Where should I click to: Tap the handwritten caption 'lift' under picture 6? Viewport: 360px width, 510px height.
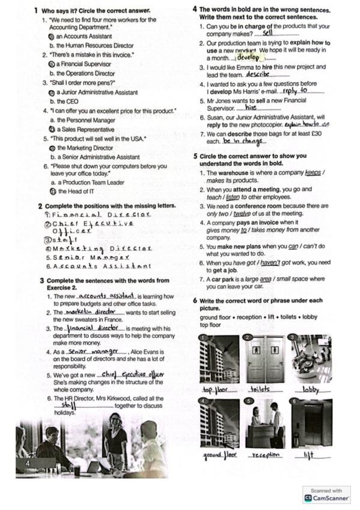tap(309, 455)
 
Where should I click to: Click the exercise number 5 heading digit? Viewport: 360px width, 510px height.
tap(195, 156)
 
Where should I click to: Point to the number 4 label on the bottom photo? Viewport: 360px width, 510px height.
tap(28, 463)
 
